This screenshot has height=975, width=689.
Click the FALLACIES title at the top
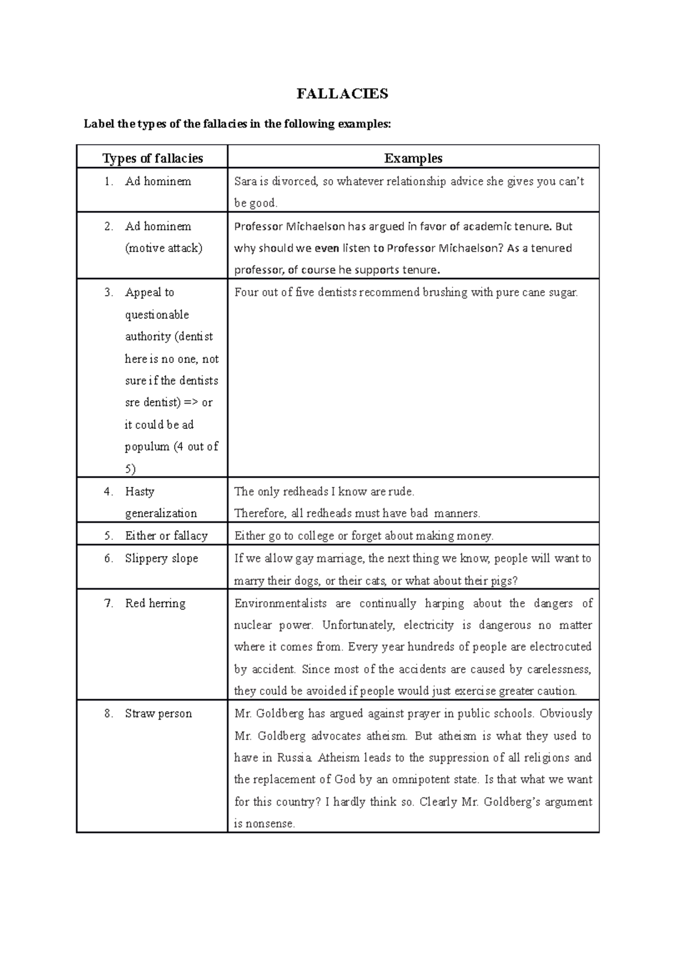coord(342,94)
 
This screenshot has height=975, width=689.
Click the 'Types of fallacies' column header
coord(152,158)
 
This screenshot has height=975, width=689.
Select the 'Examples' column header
coord(413,158)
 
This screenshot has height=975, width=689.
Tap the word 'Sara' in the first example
coord(245,181)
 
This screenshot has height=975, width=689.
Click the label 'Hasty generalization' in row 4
coord(160,502)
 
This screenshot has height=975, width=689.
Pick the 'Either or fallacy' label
coord(166,536)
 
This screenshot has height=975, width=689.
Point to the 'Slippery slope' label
coord(161,558)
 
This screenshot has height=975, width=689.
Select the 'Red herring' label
coord(155,603)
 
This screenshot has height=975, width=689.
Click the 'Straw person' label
coord(158,714)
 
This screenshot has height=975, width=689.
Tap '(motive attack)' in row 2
coord(164,249)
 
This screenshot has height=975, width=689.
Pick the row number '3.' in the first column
coord(109,292)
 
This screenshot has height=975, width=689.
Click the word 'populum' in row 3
coord(147,447)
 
